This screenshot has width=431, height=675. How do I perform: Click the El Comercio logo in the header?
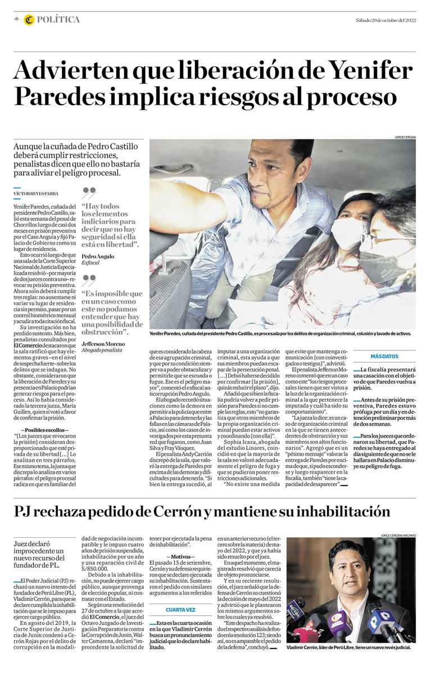point(29,20)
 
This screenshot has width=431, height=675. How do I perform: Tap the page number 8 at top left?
point(17,20)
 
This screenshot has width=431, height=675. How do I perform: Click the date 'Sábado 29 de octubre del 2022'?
point(385,20)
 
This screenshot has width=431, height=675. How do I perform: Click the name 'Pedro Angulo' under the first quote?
point(97,256)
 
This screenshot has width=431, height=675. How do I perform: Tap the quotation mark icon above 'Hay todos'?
point(89,192)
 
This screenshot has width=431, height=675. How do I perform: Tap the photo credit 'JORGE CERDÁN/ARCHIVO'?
point(398,535)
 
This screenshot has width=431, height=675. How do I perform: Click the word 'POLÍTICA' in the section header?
point(58,20)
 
